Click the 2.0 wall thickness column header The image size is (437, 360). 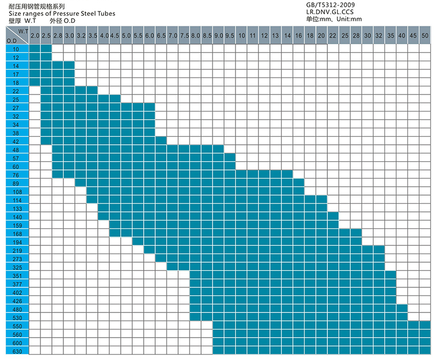click(34, 36)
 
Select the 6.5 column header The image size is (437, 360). click(161, 36)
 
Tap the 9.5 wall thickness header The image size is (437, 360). click(229, 36)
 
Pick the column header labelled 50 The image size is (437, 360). click(425, 36)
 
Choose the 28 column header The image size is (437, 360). click(356, 36)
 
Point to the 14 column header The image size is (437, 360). click(287, 36)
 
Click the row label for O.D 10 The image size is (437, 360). click(15, 49)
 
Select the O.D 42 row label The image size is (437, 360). click(15, 141)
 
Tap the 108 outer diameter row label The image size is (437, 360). click(15, 192)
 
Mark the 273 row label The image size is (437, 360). click(15, 258)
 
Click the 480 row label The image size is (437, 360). click(15, 309)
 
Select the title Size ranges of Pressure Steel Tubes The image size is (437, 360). click(62, 14)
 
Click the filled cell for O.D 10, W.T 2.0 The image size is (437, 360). click(34, 49)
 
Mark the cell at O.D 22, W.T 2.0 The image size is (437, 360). click(34, 90)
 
